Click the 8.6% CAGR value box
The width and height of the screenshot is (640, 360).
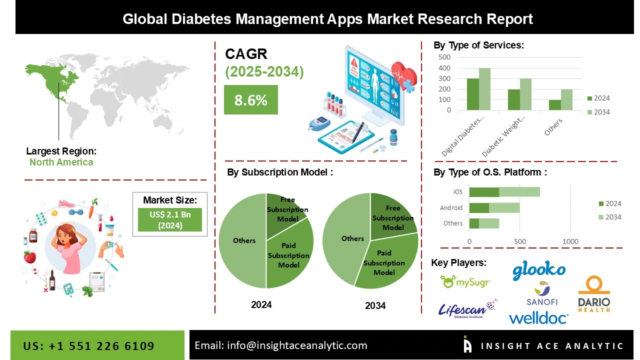tap(250, 100)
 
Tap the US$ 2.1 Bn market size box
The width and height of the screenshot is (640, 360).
tap(169, 219)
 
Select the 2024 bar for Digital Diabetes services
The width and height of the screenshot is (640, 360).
tap(472, 94)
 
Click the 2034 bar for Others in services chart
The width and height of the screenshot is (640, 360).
tap(566, 99)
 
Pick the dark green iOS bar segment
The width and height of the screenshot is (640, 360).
tap(484, 192)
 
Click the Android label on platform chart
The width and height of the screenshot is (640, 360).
tap(451, 207)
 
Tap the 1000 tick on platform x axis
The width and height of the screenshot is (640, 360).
tap(570, 241)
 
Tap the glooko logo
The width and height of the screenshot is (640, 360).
tap(538, 270)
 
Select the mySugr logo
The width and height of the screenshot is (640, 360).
tap(465, 282)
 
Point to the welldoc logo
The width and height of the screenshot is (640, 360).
tap(538, 318)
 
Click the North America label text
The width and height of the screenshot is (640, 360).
tap(61, 162)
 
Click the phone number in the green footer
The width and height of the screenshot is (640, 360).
tap(88, 346)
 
